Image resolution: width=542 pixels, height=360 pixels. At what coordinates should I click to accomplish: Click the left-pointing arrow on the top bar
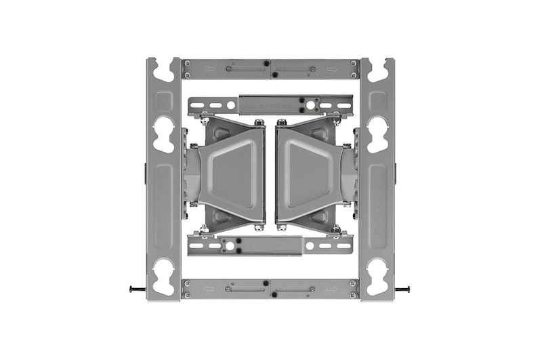(x=209, y=68)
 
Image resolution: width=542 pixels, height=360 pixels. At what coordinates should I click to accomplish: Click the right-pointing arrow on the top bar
(x=332, y=68)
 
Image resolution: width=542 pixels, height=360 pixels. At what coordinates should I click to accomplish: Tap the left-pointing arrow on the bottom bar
(x=209, y=288)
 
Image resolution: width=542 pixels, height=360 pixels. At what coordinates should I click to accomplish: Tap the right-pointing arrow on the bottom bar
(x=332, y=288)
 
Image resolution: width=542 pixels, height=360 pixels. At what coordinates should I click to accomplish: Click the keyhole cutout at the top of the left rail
(x=164, y=70)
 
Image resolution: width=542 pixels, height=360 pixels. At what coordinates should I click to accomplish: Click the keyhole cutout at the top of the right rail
(x=377, y=70)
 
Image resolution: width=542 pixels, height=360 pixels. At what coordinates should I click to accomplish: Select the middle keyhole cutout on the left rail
(x=164, y=134)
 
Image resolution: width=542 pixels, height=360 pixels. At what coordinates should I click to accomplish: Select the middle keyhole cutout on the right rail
(x=377, y=134)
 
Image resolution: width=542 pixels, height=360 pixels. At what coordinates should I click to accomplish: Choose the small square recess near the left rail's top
(x=164, y=102)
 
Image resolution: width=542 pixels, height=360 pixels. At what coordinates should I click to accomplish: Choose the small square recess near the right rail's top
(x=377, y=102)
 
